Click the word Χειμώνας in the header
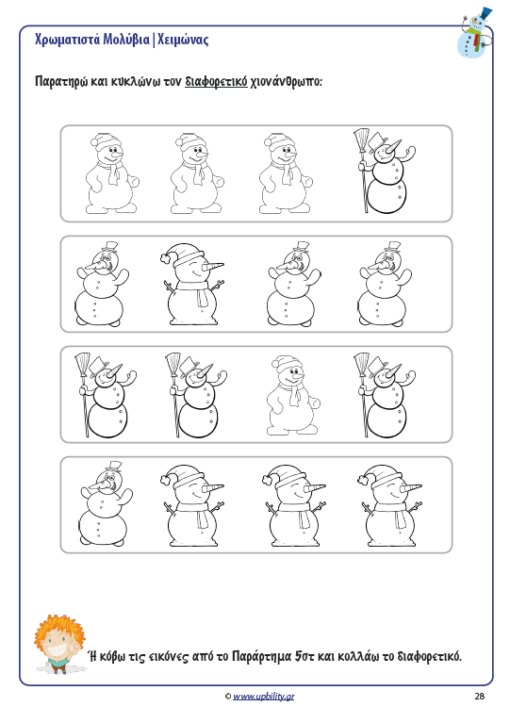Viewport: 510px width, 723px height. pos(183,40)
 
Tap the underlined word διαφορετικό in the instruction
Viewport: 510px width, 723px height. pos(216,82)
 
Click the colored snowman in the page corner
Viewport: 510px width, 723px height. pos(474,32)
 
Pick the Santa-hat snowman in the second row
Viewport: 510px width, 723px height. pos(191,284)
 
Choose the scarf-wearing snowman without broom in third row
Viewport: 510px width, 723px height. pos(293,395)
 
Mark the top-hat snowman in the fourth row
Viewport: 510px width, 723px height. pos(106,503)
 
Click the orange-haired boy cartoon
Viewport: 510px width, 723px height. pos(59,644)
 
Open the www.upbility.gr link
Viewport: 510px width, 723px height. pos(263,697)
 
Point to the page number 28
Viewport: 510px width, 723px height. pos(480,696)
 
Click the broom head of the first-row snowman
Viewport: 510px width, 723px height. pos(362,140)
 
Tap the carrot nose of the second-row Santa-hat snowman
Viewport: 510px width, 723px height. pos(213,266)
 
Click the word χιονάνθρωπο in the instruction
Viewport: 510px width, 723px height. pos(286,82)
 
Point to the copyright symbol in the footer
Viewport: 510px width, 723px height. pos(228,697)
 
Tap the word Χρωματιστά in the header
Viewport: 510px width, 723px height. pos(67,40)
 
